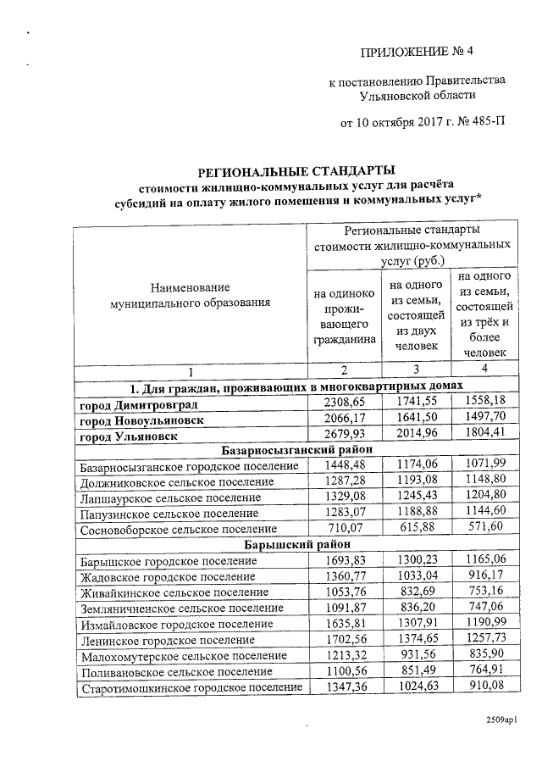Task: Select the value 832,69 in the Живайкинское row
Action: [x=414, y=592]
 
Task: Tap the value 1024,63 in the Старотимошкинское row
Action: [x=414, y=686]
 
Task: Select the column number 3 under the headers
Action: [x=415, y=370]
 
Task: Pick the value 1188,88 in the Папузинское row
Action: [x=414, y=513]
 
